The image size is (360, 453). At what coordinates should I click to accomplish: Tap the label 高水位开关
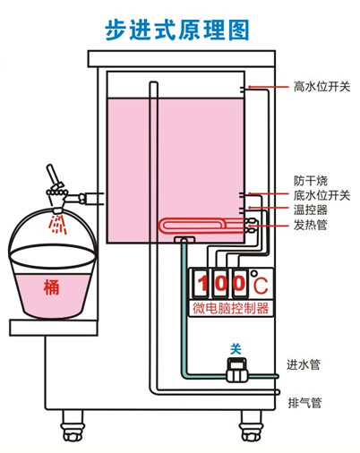pyautogui.click(x=321, y=87)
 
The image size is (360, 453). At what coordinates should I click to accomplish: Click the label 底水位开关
pyautogui.click(x=321, y=194)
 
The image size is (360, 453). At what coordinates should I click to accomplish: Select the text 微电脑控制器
pyautogui.click(x=231, y=309)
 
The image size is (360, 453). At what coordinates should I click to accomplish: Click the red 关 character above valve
pyautogui.click(x=236, y=347)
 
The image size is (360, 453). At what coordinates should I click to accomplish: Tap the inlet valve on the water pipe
pyautogui.click(x=236, y=364)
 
